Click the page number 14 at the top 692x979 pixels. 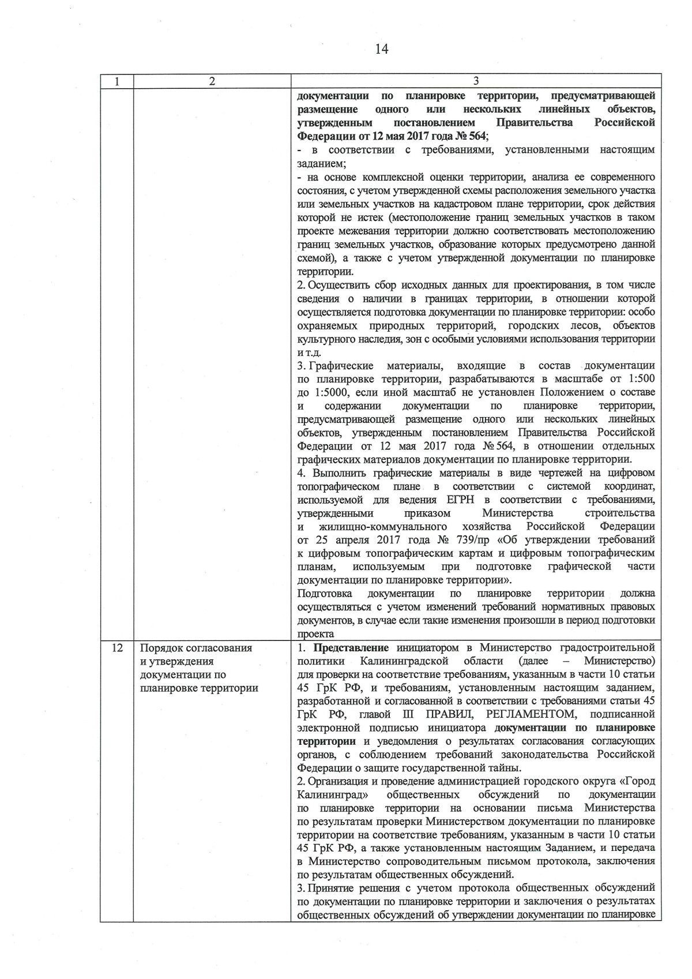pyautogui.click(x=381, y=49)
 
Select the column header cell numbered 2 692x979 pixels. pyautogui.click(x=212, y=81)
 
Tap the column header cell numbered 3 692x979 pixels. pyautogui.click(x=476, y=81)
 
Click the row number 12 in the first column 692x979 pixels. pyautogui.click(x=116, y=648)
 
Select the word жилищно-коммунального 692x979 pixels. pyautogui.click(x=383, y=527)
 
